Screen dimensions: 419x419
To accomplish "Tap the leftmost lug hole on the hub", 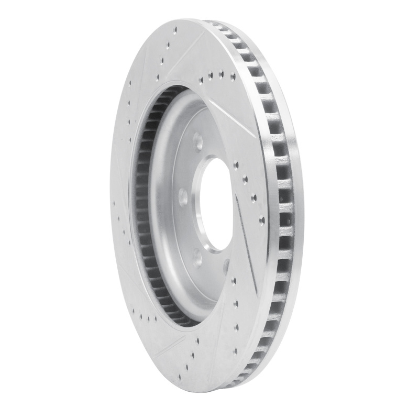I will [182, 197].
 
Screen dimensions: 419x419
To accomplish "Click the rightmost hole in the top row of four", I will [233, 76].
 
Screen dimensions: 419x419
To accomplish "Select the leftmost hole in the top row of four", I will [202, 81].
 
